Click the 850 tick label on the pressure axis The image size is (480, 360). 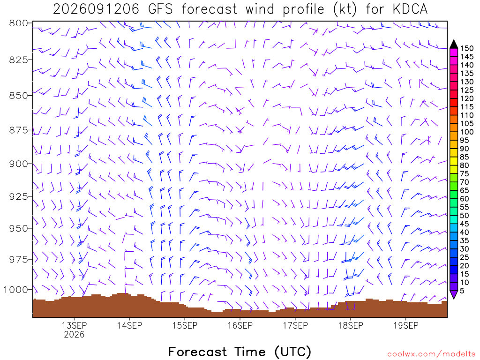click(19, 96)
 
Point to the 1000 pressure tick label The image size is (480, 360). click(15, 290)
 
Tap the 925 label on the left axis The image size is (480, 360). click(19, 196)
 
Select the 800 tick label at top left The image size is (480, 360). click(19, 23)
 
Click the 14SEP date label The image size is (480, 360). click(129, 325)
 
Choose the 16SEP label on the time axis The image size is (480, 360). click(240, 325)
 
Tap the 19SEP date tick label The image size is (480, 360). click(406, 325)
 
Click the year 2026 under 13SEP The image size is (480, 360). click(74, 334)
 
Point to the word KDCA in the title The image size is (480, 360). click(410, 9)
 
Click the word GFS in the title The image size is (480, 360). click(160, 9)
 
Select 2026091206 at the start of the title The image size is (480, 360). click(96, 9)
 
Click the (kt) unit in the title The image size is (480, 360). click(345, 9)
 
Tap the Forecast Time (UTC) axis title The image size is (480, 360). click(240, 352)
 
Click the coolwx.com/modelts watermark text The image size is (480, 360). click(430, 354)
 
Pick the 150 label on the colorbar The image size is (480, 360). click(467, 48)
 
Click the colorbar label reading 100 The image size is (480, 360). click(467, 132)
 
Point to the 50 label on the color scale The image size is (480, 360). click(465, 216)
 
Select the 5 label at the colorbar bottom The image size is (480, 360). click(462, 291)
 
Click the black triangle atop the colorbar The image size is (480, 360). click(454, 45)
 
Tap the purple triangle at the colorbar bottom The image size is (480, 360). click(454, 294)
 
